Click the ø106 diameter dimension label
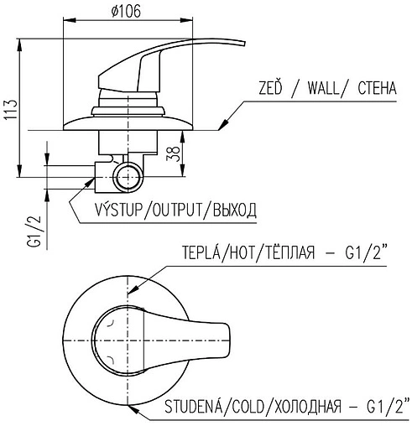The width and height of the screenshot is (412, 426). pos(126,12)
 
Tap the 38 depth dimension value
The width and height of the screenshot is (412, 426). pos(173,153)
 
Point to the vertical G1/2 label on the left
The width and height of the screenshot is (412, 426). pos(34,231)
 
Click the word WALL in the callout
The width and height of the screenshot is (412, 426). pos(323,88)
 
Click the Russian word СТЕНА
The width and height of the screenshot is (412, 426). pos(377,88)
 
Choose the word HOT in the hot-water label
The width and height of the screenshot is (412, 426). pos(241,252)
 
